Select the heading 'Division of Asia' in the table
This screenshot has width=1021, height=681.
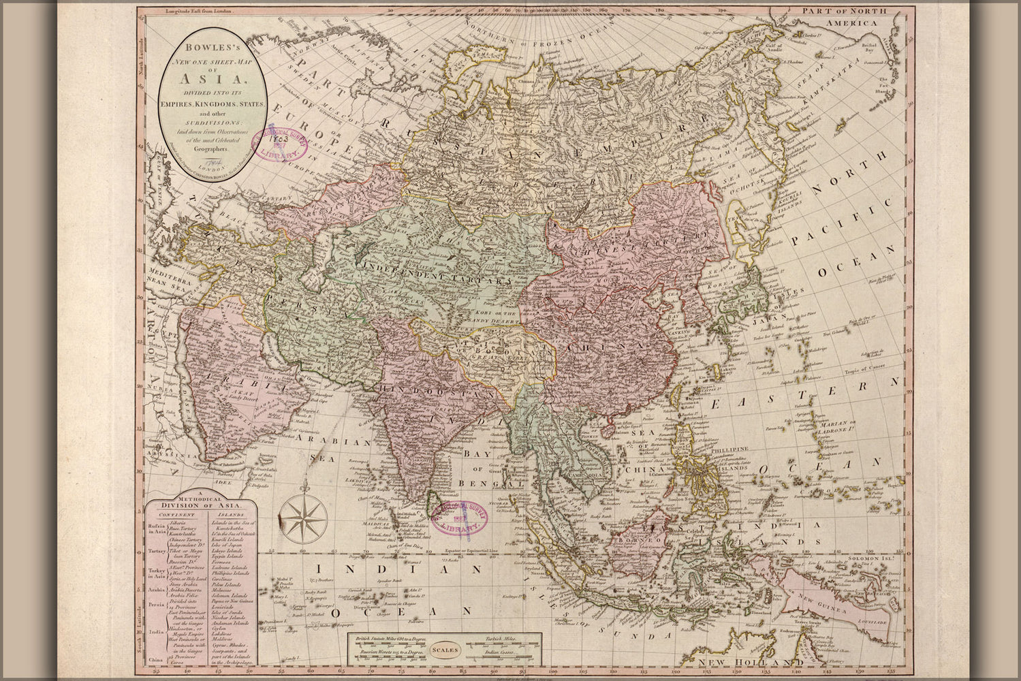coord(200,505)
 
